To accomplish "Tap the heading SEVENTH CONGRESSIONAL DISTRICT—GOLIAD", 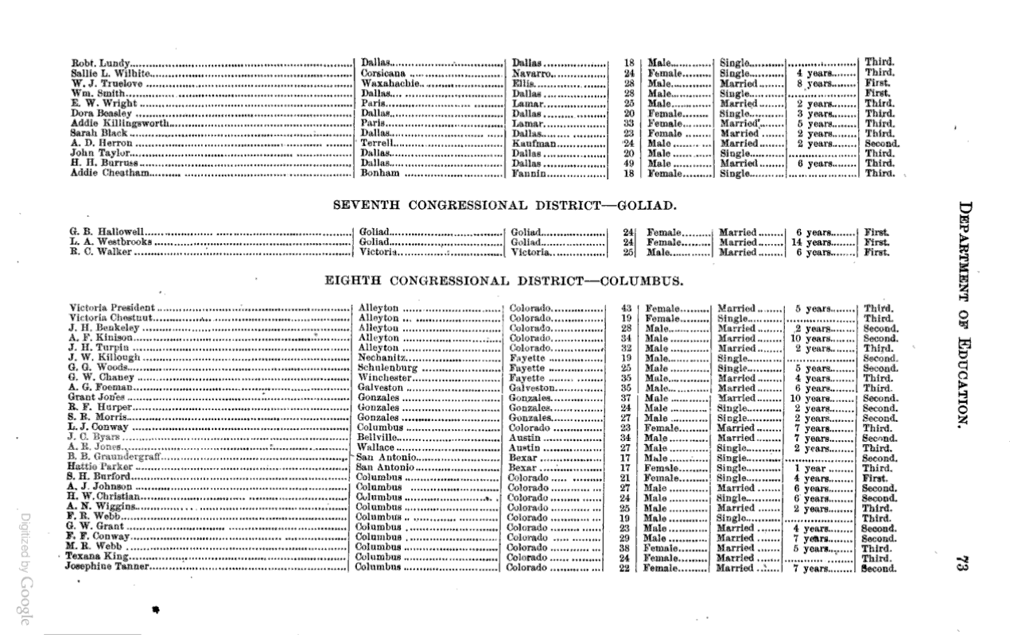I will (x=504, y=205).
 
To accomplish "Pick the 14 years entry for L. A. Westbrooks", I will (x=811, y=242).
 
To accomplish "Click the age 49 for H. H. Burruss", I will (x=628, y=164).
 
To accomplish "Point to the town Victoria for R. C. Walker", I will (x=379, y=253).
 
